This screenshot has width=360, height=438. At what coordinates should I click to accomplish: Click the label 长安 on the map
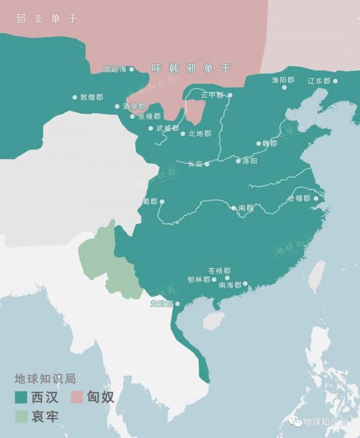(x=196, y=164)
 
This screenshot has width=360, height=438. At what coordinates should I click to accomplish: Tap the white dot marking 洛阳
(x=238, y=161)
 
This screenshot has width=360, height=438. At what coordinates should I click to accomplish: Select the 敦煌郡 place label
(x=92, y=97)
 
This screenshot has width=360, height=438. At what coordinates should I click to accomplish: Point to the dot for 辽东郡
(x=335, y=81)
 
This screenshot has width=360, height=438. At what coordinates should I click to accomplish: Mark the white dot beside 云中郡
(x=230, y=95)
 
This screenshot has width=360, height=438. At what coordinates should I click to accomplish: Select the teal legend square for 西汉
(x=22, y=397)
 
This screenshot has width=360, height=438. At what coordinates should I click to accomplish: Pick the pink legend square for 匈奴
(x=78, y=397)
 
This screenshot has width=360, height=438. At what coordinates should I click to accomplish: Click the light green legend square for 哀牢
(x=22, y=415)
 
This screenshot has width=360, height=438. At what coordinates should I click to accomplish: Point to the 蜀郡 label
(x=150, y=202)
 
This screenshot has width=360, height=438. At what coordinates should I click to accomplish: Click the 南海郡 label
(x=230, y=286)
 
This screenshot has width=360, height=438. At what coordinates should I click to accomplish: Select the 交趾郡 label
(x=161, y=304)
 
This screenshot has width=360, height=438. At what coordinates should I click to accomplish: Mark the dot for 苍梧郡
(x=227, y=278)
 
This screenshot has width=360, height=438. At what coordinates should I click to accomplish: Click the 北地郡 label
(x=200, y=134)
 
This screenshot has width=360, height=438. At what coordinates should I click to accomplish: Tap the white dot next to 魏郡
(x=258, y=144)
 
